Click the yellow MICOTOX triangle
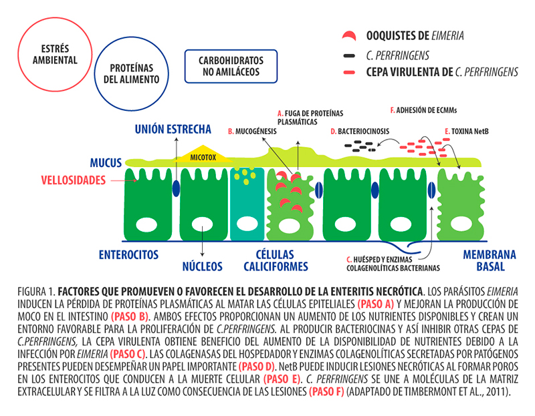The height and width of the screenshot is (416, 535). [203, 155]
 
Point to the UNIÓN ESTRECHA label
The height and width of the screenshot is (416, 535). [173, 129]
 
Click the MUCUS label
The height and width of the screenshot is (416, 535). [106, 163]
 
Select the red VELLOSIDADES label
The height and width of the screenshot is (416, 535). [74, 180]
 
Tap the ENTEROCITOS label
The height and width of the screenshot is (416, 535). [128, 254]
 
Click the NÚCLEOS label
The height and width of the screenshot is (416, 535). [203, 266]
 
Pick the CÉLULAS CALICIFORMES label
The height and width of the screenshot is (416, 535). [276, 260]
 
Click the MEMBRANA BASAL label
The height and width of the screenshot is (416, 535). [490, 260]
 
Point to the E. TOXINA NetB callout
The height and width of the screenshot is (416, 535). [466, 132]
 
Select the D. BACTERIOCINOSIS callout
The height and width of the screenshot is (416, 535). [360, 132]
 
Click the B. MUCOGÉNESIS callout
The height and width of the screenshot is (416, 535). [252, 132]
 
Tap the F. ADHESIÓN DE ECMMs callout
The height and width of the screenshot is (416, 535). [423, 110]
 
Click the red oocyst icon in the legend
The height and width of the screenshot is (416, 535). [349, 36]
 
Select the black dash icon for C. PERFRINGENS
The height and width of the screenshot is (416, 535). [349, 55]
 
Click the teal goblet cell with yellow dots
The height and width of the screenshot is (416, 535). [247, 204]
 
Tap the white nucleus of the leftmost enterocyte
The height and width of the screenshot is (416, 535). [146, 225]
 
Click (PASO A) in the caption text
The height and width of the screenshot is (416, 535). [376, 304]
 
